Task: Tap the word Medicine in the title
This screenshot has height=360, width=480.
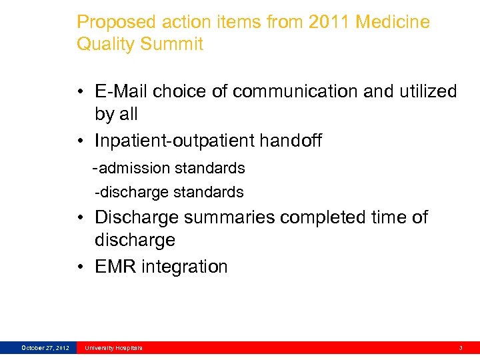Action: (393, 22)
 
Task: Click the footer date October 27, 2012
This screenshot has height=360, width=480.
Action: (45, 347)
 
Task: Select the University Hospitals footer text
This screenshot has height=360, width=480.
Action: (113, 347)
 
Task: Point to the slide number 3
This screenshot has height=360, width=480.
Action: (460, 347)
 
